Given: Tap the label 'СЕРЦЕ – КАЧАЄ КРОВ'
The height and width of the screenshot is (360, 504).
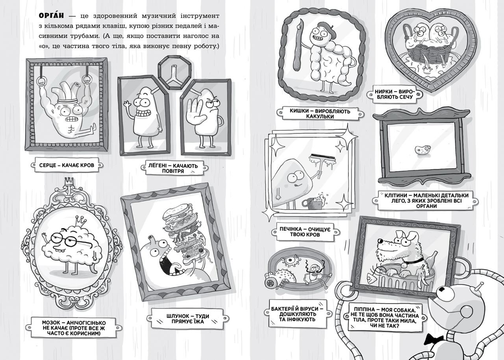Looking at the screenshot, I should [67, 165].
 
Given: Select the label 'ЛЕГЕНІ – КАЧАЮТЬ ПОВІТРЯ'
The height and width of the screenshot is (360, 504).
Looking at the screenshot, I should [173, 169].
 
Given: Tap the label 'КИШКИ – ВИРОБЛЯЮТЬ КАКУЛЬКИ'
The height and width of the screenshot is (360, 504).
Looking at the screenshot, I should [319, 114].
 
